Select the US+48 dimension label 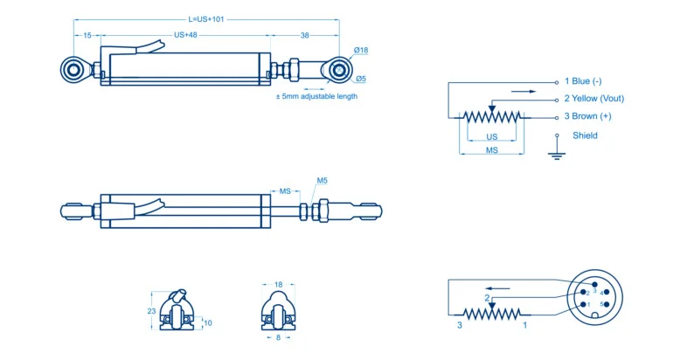tap(186, 36)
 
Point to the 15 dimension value tap(87, 36)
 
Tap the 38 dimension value tap(304, 36)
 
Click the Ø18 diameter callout tap(360, 51)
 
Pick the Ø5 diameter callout tap(360, 80)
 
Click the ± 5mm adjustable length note tap(316, 96)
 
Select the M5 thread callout tap(322, 181)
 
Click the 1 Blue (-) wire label tap(583, 81)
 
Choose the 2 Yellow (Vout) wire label tap(593, 99)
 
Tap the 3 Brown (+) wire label tap(587, 116)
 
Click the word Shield tap(585, 135)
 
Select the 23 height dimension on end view tap(151, 310)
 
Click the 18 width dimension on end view tap(278, 285)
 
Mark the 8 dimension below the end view tap(278, 336)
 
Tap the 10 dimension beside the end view tap(207, 323)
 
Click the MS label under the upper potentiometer tap(492, 151)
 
